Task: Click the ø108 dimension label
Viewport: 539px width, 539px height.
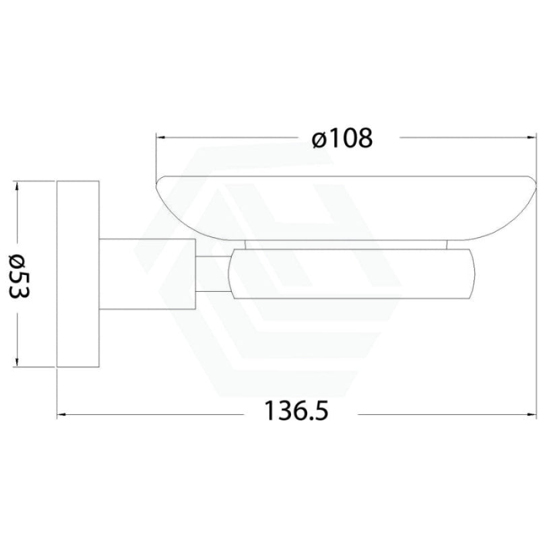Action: coord(342,138)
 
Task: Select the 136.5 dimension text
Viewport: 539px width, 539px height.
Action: coord(296,411)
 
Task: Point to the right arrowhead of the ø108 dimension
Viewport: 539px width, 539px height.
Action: coord(532,137)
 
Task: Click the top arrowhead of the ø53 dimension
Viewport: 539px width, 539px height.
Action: coord(16,187)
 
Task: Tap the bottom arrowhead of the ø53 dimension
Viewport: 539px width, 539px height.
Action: coord(16,361)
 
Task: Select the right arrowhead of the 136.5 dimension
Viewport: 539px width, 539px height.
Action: coord(532,414)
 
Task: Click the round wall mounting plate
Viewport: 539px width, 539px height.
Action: coord(78,274)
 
